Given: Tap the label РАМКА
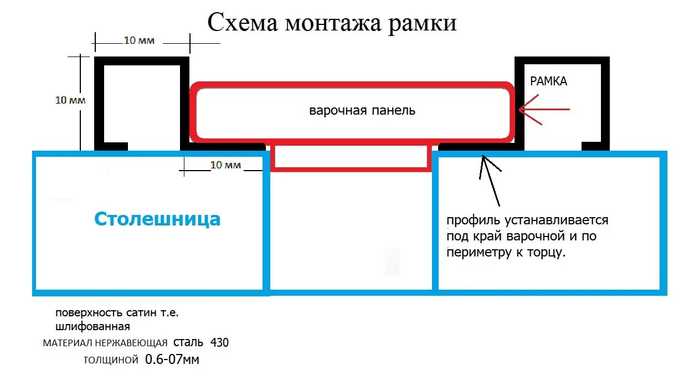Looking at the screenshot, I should [548, 81].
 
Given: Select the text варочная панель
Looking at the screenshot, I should [362, 111].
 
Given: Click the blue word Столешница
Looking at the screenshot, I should [157, 219].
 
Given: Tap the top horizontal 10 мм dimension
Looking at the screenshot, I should [138, 40].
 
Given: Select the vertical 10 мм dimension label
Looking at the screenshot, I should [70, 100].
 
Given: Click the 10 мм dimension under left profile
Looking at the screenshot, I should [226, 165].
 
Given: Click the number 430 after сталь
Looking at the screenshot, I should [219, 343].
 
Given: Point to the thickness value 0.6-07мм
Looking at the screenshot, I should [172, 360].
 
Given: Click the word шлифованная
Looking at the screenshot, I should [92, 326].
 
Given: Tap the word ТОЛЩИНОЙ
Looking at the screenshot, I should [111, 361].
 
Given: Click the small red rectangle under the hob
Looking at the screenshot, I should [351, 156].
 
